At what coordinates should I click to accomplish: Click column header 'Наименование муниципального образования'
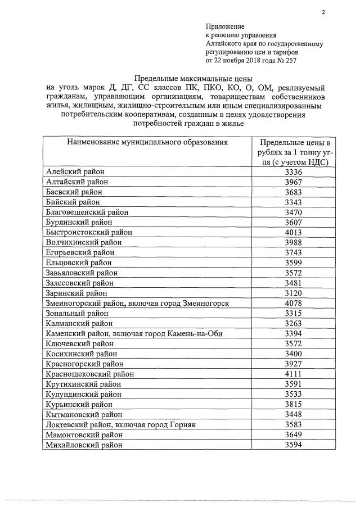pos(147,142)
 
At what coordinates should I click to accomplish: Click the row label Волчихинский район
pos(82,242)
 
